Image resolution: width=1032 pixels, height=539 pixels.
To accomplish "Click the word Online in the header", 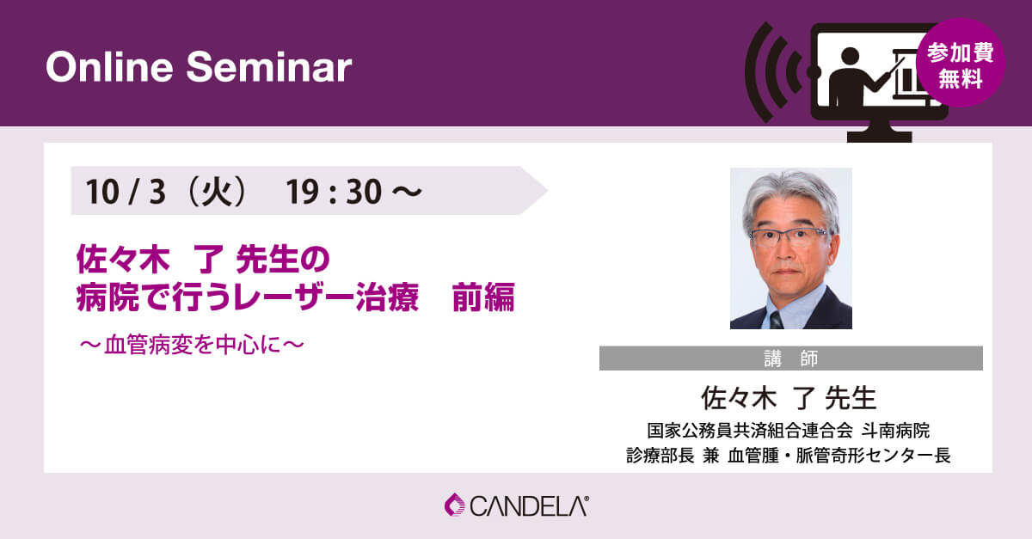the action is (x=110, y=67).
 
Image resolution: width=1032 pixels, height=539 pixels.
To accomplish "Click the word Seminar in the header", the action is (x=269, y=67).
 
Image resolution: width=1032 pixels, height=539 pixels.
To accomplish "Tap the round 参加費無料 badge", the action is (x=961, y=63).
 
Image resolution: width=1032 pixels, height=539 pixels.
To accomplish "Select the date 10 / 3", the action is (x=126, y=192).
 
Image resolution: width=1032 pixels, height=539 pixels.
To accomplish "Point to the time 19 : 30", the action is (x=334, y=192).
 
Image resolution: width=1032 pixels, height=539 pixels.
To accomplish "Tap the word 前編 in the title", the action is (x=483, y=297).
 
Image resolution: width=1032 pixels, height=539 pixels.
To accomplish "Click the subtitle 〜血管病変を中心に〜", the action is (x=192, y=345).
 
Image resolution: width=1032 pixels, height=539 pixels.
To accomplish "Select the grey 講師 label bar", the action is (x=790, y=358).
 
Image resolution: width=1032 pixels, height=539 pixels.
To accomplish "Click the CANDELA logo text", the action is (x=529, y=506).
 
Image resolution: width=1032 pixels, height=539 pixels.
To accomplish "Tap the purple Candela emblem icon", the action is (x=455, y=505).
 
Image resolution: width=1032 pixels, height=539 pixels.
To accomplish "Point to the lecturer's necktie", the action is (x=776, y=320).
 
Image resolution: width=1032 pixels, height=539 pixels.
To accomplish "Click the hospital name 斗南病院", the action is (x=895, y=431).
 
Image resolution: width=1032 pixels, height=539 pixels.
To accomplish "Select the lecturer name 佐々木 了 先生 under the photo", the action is (x=789, y=398).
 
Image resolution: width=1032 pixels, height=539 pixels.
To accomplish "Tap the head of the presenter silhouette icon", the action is (x=850, y=56).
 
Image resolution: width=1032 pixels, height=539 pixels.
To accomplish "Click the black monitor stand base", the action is (x=880, y=137).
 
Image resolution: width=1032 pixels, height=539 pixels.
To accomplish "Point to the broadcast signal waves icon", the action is (x=773, y=72).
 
